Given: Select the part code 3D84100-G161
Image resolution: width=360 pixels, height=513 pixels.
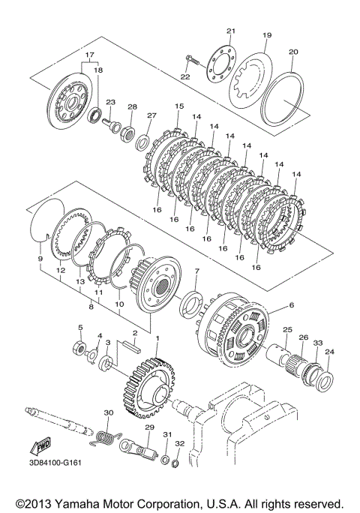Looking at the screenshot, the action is [x=54, y=463].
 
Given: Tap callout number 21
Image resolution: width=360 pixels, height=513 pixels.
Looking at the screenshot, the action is [x=231, y=31].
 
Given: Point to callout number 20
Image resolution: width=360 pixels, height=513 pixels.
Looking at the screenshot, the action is [x=293, y=52].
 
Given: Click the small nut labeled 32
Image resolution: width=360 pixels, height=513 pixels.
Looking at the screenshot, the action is [x=175, y=463].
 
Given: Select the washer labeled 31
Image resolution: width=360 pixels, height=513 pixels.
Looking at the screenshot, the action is [x=166, y=458].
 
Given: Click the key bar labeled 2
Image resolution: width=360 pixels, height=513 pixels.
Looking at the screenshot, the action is [x=132, y=346].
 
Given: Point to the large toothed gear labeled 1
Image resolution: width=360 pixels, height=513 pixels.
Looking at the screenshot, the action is [x=148, y=388].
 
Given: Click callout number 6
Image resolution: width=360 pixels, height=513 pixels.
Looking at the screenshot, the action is [x=291, y=305].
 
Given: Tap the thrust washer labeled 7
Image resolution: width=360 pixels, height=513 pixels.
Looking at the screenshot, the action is [x=190, y=304].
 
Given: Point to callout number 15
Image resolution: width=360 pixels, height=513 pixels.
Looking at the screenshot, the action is [x=179, y=106].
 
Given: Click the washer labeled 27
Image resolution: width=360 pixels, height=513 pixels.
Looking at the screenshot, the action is [x=143, y=139].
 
